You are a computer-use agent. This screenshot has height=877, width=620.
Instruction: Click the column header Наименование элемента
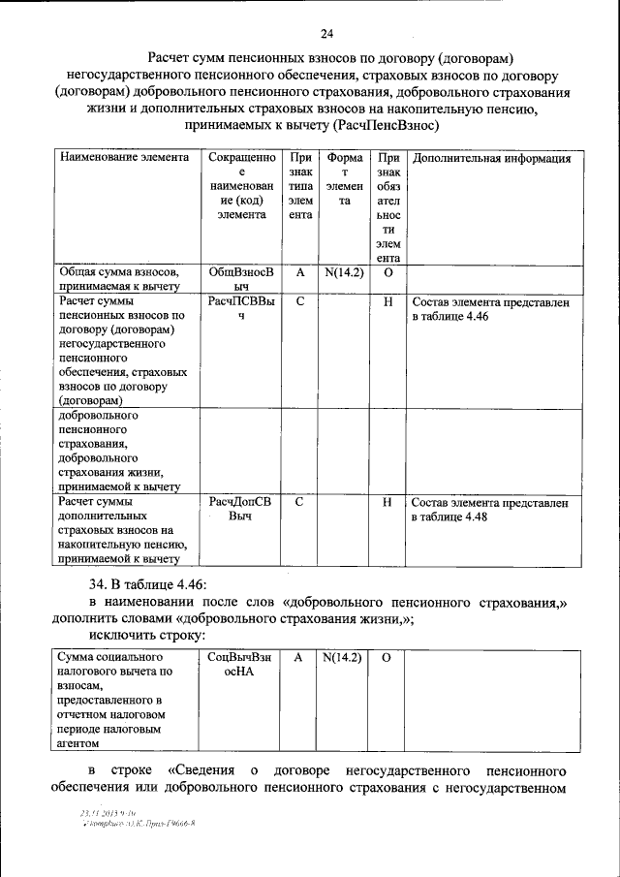[x=117, y=158]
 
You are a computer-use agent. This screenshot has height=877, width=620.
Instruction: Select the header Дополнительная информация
[x=491, y=158]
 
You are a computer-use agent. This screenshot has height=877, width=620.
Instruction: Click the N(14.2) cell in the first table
[x=344, y=273]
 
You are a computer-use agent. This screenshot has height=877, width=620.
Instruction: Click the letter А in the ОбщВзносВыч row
[x=300, y=273]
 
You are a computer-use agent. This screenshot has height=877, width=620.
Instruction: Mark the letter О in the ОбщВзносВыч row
[x=387, y=273]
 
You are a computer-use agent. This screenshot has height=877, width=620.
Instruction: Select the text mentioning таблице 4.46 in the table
[x=490, y=309]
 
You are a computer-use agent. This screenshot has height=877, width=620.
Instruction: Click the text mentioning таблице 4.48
[x=490, y=510]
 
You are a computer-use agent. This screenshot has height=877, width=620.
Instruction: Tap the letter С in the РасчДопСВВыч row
[x=300, y=503]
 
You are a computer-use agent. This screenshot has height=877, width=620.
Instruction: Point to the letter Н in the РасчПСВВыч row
[x=387, y=302]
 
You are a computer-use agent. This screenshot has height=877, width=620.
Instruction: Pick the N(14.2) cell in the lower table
[x=342, y=657]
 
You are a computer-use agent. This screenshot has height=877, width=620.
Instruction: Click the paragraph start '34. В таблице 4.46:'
[x=146, y=584]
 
